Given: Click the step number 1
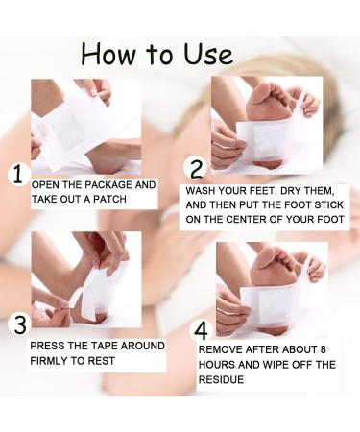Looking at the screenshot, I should [x=16, y=175].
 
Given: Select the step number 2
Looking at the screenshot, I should [x=197, y=170].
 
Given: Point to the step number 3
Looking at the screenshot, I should [x=16, y=324].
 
